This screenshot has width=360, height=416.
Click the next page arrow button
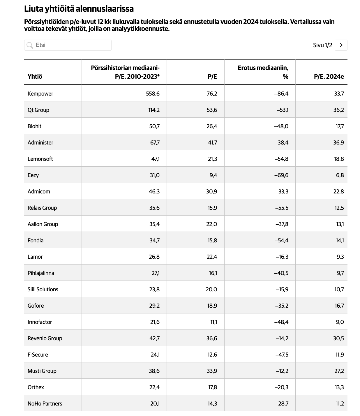[x=341, y=45]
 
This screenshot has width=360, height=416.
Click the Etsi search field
[x=68, y=45]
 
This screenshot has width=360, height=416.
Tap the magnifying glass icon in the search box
[x=30, y=45]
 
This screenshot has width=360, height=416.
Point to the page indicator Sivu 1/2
[x=322, y=45]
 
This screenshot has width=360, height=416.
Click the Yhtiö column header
[x=35, y=77]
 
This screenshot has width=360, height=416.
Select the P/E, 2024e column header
[x=329, y=77]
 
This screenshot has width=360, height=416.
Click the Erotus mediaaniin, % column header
[x=263, y=72]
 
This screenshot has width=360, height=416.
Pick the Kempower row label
[x=40, y=94]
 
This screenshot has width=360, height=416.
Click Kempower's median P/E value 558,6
[x=153, y=94]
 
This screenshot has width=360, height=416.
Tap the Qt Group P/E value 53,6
[x=212, y=110]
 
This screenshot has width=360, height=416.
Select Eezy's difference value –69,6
[x=281, y=175]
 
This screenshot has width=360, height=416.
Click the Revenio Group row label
[x=45, y=338]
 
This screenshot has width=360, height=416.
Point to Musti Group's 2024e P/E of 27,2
[x=339, y=371]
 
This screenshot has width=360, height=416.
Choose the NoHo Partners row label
[x=45, y=403]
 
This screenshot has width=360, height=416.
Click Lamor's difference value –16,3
[x=282, y=257]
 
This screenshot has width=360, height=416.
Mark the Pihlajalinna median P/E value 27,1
[x=156, y=273]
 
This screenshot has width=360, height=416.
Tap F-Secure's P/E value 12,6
[x=212, y=355]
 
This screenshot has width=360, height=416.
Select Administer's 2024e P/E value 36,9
[x=338, y=142]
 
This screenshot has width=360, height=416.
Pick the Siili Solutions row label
[x=43, y=289]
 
